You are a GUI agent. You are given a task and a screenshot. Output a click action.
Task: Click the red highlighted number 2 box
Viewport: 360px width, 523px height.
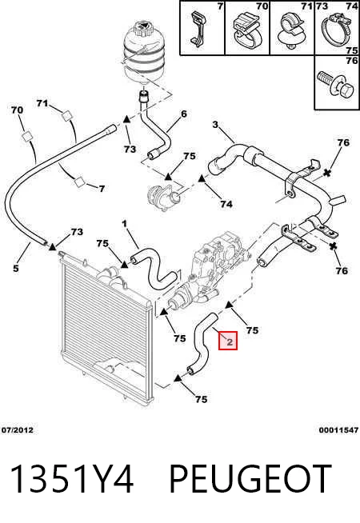click(x=228, y=341)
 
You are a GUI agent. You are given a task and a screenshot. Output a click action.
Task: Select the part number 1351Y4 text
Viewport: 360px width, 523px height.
click(x=73, y=479)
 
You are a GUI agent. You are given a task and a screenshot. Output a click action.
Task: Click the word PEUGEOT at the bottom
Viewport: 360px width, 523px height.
click(x=250, y=479)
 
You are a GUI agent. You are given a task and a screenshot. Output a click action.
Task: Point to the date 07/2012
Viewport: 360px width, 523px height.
click(x=18, y=430)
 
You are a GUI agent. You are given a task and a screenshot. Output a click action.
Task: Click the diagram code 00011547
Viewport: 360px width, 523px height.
click(x=338, y=430)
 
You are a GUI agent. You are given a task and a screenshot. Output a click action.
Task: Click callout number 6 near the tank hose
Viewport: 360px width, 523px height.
click(x=184, y=114)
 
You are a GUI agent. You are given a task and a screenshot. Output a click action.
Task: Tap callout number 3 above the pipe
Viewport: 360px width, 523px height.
click(x=215, y=125)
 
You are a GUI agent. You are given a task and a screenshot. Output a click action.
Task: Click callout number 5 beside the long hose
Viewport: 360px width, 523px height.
click(x=16, y=268)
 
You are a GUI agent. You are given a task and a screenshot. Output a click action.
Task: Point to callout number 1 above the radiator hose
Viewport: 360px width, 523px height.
click(x=125, y=224)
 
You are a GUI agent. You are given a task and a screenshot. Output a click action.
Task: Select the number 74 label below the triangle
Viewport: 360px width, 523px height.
click(x=226, y=203)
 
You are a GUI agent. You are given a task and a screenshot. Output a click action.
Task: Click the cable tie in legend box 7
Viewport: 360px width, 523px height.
click(x=197, y=29)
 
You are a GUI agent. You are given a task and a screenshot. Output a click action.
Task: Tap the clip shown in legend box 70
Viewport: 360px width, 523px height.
click(x=246, y=30)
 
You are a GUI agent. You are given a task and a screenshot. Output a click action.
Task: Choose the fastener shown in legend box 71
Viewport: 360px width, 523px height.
click(x=290, y=30)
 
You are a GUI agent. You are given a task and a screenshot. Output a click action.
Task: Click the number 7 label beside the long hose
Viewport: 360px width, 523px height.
click(x=102, y=189)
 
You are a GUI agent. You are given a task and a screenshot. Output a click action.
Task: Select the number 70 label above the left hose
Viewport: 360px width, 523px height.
click(x=17, y=110)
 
